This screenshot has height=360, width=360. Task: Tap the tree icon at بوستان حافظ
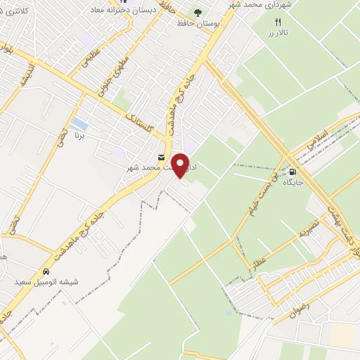198,13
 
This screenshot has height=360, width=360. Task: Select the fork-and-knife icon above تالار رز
278,22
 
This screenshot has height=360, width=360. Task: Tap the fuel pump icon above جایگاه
292,171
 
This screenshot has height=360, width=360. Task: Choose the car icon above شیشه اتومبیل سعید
46,271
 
